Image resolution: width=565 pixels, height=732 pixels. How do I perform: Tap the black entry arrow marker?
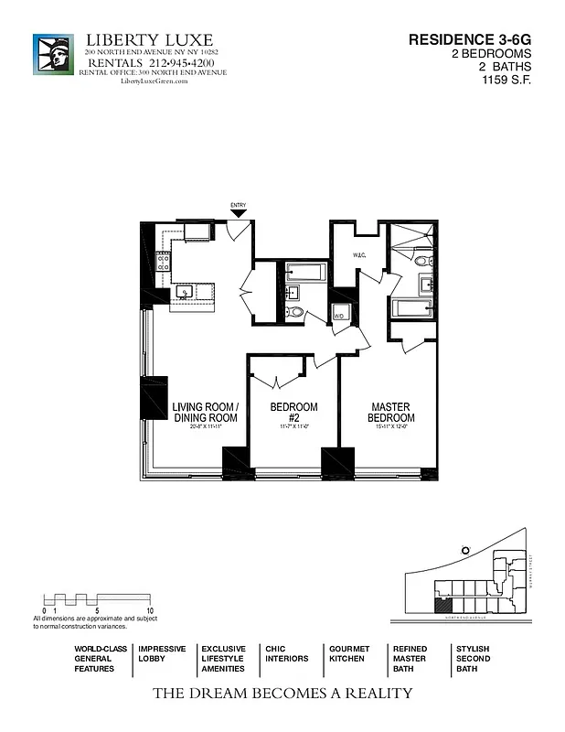tap(239, 213)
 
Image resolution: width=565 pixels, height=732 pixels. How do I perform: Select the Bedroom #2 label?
tap(293, 413)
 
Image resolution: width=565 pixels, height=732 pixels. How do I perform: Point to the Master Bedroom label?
tap(389, 413)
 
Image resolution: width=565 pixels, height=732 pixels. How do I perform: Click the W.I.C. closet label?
tap(359, 255)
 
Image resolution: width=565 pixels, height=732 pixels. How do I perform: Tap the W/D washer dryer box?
tap(339, 316)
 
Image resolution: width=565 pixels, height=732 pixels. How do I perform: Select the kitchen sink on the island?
tap(184, 293)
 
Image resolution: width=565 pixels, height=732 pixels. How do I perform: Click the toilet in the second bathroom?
tap(294, 312)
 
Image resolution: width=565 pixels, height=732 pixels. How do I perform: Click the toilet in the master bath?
tap(422, 261)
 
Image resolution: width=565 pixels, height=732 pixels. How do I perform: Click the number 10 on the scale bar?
tap(150, 609)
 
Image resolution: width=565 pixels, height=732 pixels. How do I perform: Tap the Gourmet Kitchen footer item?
tap(349, 653)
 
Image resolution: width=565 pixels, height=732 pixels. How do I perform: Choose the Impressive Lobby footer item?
tap(162, 653)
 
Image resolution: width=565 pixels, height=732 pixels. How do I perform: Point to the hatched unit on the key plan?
tap(443, 605)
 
